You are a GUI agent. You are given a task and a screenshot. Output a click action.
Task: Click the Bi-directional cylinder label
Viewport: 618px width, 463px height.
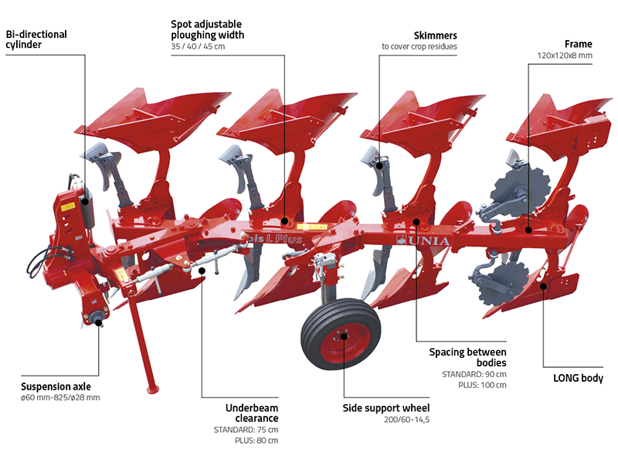point(36,39)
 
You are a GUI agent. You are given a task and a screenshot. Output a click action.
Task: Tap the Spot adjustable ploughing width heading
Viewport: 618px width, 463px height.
point(207,29)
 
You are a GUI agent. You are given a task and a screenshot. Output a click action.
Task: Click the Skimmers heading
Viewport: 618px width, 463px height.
point(436,36)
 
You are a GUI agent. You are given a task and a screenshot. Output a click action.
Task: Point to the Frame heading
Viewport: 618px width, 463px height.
point(579,44)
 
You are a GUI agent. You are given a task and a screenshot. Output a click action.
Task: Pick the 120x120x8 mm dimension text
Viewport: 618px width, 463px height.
point(565,56)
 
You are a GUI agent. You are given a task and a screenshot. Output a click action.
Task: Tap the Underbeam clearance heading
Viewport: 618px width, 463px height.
point(251,412)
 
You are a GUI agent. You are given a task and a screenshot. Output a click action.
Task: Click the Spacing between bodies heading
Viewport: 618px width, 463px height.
point(468,358)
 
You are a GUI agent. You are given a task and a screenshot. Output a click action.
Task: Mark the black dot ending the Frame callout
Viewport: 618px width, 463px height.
point(528,230)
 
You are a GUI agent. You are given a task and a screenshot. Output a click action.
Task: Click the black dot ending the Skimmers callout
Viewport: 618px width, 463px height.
point(379,163)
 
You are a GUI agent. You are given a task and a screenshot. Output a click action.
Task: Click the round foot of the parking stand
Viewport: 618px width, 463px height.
point(153,389)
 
